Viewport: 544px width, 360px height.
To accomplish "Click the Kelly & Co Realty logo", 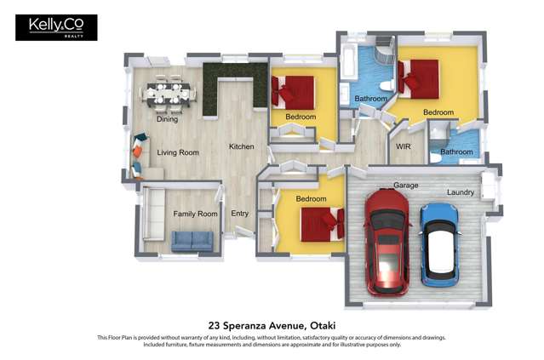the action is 56,27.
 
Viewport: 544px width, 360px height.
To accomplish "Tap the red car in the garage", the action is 387,243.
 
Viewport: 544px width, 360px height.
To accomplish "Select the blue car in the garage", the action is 439,245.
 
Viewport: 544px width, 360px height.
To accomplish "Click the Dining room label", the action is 167,119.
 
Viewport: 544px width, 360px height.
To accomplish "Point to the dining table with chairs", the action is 168,94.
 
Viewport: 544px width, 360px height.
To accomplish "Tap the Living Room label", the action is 178,152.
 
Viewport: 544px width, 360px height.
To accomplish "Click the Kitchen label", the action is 242,146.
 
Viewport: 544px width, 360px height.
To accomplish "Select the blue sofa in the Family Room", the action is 192,241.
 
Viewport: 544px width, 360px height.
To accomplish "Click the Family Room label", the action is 195,214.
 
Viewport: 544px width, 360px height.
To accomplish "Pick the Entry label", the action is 240,214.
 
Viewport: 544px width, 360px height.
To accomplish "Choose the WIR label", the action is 404,146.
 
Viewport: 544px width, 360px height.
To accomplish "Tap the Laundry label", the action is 461,192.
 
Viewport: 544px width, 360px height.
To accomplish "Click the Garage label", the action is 405,186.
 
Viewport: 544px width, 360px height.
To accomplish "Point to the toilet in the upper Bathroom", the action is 387,85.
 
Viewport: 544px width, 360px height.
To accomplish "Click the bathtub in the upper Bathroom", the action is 348,62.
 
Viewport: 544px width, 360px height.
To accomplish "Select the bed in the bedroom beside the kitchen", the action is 294,93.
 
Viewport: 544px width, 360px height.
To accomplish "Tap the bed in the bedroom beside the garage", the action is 323,225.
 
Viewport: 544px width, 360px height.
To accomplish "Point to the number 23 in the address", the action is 214,326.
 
